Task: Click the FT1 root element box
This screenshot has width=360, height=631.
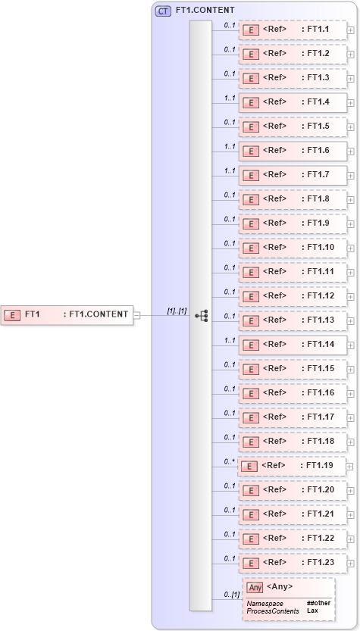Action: [x=67, y=314]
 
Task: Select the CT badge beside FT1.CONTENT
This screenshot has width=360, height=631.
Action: [x=163, y=11]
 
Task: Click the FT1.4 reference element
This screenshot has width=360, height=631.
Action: [x=293, y=102]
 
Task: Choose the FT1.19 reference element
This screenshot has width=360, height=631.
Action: [x=291, y=465]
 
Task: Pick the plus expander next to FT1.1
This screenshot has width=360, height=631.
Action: [x=350, y=30]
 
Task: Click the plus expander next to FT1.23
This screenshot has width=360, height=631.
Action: [x=350, y=563]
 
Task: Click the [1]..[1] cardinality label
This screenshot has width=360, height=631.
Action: [x=177, y=311]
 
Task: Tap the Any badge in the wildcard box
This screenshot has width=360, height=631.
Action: [x=255, y=587]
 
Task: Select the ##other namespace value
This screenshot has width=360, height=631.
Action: [x=318, y=603]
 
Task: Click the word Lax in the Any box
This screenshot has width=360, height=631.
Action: [x=312, y=611]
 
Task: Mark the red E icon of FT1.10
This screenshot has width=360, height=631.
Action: [x=251, y=247]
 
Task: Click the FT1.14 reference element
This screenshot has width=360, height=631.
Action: [x=293, y=344]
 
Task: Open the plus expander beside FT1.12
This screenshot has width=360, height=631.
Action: [x=350, y=296]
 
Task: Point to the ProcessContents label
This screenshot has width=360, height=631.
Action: [x=272, y=611]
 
